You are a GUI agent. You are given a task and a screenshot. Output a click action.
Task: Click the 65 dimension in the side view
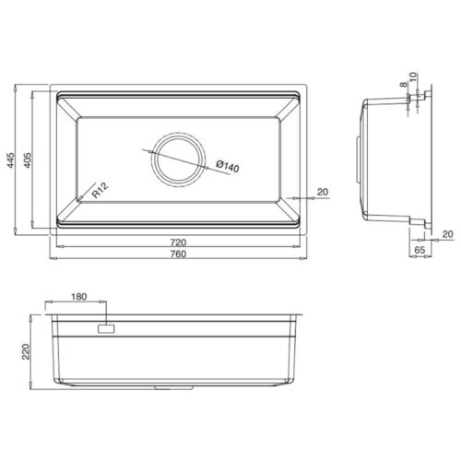coord(419,249)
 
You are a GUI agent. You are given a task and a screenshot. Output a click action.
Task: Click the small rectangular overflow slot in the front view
coord(105,326)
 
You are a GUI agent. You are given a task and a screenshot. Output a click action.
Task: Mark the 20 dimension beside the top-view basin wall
coord(322,192)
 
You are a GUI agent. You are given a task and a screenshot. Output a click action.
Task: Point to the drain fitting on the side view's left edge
coord(358,152)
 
